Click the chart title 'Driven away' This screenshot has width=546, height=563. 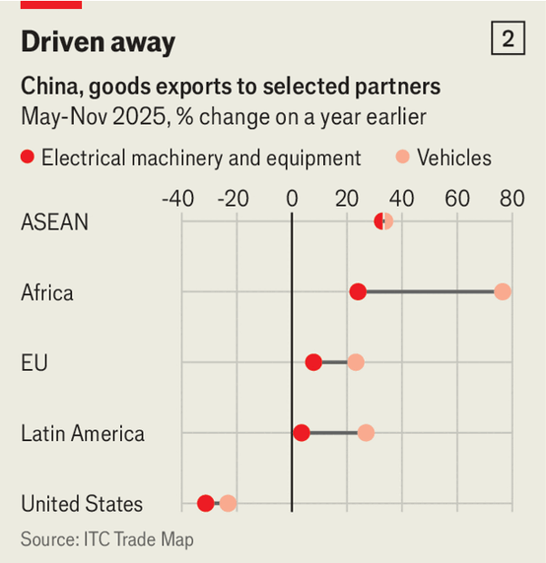click(x=98, y=42)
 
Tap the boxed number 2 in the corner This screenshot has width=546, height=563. click(x=508, y=39)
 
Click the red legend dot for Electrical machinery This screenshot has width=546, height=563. click(x=27, y=158)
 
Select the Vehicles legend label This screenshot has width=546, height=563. click(x=454, y=158)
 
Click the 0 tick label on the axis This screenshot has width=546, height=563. click(x=291, y=199)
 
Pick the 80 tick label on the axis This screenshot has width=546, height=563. click(x=511, y=199)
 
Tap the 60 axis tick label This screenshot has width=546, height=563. click(x=457, y=199)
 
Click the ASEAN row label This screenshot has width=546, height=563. click(x=55, y=221)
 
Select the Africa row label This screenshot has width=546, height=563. click(x=47, y=292)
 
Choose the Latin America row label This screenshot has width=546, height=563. click(x=83, y=433)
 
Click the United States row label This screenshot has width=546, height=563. click(x=82, y=504)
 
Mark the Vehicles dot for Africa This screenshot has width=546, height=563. click(x=502, y=292)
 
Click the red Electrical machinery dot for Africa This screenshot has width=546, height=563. click(x=358, y=292)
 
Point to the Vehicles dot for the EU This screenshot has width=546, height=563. click(x=356, y=363)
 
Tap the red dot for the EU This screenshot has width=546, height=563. click(x=313, y=363)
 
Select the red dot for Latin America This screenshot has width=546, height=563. click(x=301, y=433)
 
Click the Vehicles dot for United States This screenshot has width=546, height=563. click(x=227, y=503)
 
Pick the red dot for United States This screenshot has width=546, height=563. click(x=206, y=503)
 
